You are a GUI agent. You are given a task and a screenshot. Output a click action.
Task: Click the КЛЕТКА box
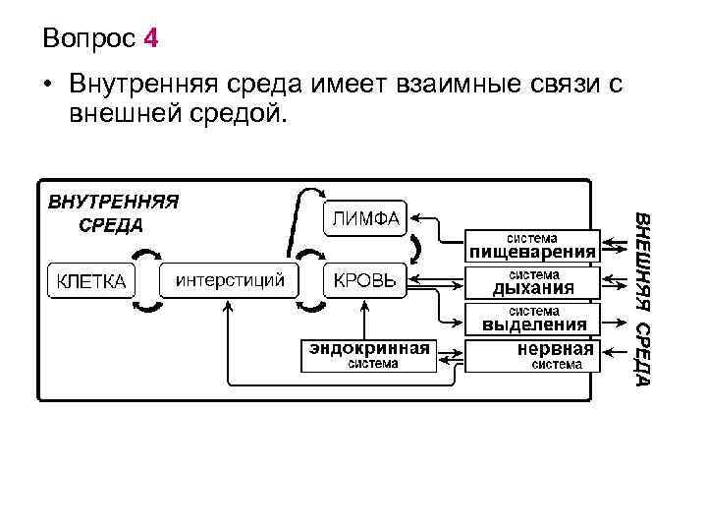pos(90,280)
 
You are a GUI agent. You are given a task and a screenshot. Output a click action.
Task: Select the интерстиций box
pos(230,280)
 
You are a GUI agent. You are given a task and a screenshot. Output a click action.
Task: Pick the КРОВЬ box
pos(364,280)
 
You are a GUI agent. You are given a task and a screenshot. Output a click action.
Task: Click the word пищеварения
pos(531,252)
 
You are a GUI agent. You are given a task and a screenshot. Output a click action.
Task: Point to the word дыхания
pos(531,288)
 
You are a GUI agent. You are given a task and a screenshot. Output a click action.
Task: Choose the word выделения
pos(531,324)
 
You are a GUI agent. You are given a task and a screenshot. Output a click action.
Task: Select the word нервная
pos(556,349)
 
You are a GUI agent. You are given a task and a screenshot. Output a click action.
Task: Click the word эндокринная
pos(369,348)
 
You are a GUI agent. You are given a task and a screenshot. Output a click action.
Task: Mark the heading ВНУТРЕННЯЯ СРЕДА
pos(113,212)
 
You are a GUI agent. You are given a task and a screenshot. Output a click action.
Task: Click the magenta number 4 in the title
pos(149,39)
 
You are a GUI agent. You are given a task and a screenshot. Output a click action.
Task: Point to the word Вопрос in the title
pos(89,39)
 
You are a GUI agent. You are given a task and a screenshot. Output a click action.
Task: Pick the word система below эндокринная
pos(369,364)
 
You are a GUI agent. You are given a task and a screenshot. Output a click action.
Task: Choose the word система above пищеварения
pos(531,237)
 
